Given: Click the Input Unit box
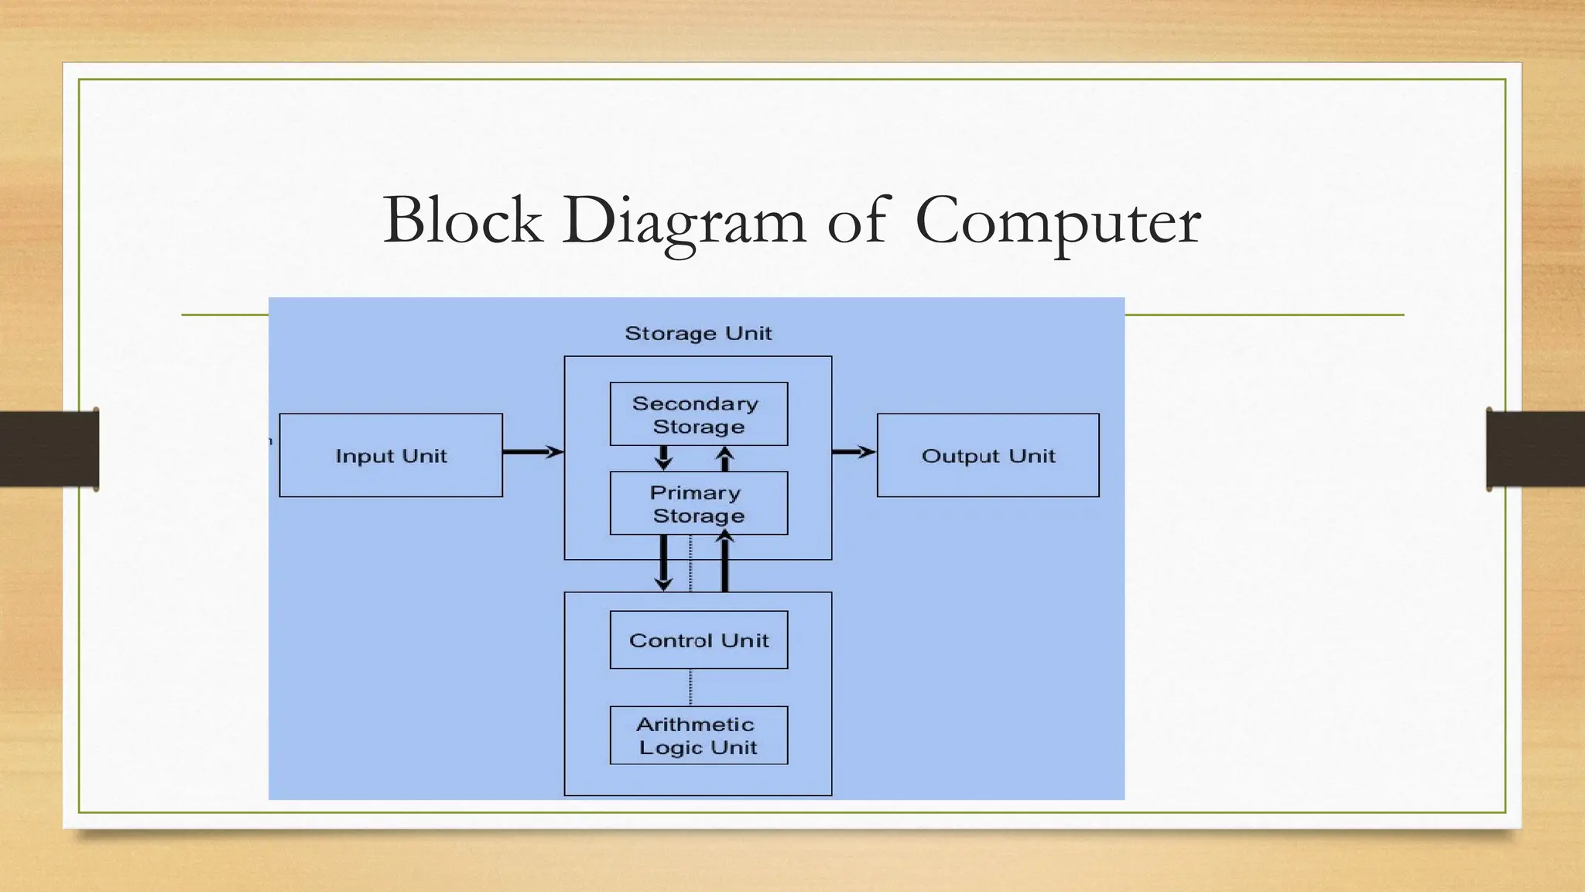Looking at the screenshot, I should click(391, 455).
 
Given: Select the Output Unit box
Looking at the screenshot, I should click(988, 455).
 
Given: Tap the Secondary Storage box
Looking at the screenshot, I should click(698, 414).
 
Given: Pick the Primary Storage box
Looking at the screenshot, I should click(698, 503).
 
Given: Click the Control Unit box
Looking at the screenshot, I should click(698, 640).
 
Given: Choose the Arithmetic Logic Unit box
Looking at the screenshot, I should click(698, 735).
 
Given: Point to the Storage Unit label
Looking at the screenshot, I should click(698, 333).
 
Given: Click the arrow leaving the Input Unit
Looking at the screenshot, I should click(532, 451).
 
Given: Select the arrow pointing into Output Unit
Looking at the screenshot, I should click(854, 451).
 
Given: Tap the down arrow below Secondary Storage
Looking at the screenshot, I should click(663, 458).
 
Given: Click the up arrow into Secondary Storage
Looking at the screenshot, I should click(725, 458).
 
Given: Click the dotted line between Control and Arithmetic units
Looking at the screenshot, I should click(690, 687).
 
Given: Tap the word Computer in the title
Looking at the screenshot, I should click(1057, 221).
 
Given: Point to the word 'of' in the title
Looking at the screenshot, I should click(859, 220).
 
